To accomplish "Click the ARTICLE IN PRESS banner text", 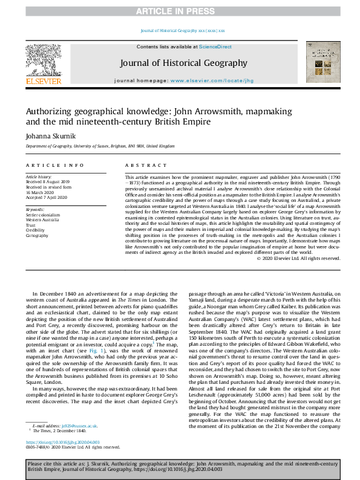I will [x=180, y=11].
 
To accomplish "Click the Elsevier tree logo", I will [x=43, y=61].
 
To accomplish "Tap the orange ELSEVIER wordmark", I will [x=43, y=81].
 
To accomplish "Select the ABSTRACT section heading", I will [x=140, y=165].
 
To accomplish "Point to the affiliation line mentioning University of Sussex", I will [x=100, y=146].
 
